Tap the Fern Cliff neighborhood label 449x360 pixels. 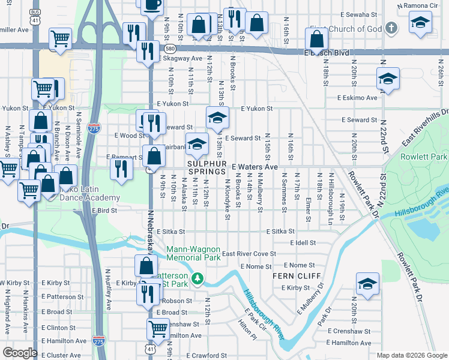pyautogui.click(x=291, y=276)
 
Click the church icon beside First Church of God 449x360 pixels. pyautogui.click(x=391, y=28)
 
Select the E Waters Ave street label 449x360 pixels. pyautogui.click(x=255, y=166)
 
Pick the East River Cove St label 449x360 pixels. pyautogui.click(x=249, y=254)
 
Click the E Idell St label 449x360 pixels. pyautogui.click(x=302, y=242)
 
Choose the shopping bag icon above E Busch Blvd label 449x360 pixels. pyautogui.click(x=316, y=38)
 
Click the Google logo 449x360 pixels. pyautogui.click(x=20, y=352)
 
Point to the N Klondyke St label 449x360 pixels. pyautogui.click(x=228, y=198)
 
